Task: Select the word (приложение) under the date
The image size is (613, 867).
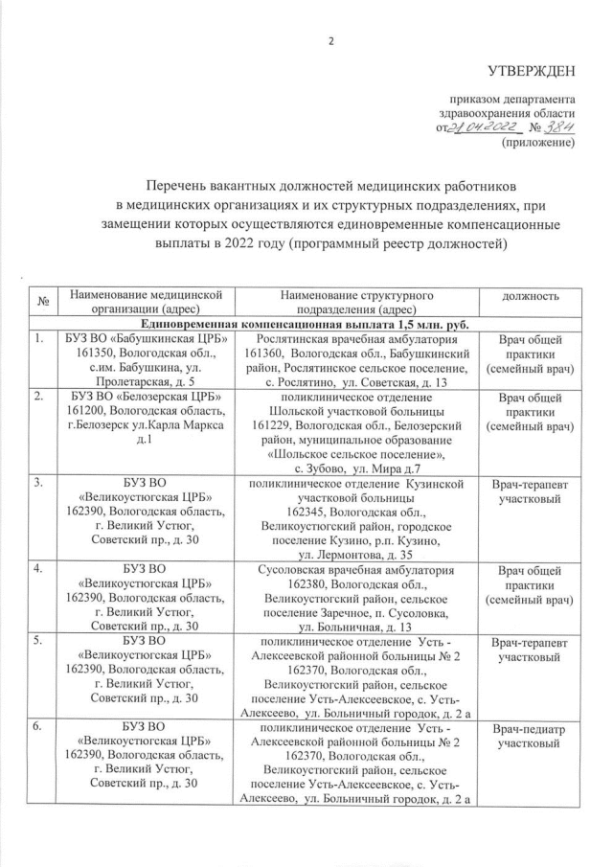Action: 538,144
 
